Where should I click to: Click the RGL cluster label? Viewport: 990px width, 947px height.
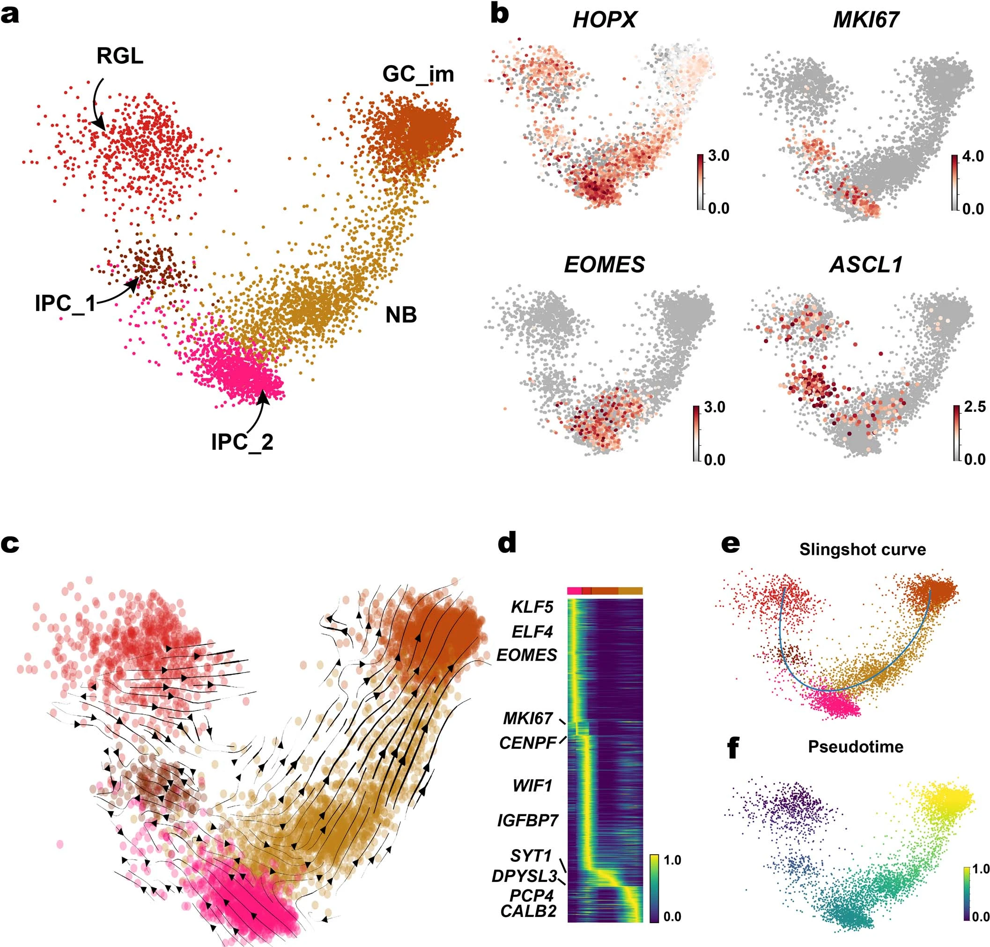coord(119,56)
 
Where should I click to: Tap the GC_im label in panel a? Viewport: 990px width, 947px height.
coord(418,75)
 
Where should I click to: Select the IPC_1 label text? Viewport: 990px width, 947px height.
coord(65,303)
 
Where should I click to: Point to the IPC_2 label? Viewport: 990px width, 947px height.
coord(242,442)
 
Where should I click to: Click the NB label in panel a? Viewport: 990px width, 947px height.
coord(401,315)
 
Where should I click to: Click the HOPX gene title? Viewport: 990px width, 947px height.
coord(604,20)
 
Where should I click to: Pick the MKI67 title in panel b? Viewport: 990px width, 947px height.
coord(866,20)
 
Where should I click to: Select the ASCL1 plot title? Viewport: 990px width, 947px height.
coord(866,265)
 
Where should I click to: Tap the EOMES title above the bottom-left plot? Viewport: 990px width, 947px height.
coord(604,265)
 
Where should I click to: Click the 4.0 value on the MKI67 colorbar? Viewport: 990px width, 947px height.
coord(972,157)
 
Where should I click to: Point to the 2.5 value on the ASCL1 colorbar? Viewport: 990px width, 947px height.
coord(975,407)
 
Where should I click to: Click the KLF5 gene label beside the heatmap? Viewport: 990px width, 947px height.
coord(532,607)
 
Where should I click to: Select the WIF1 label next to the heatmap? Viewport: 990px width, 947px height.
coord(532,786)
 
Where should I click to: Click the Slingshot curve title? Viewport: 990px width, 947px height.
coord(862,549)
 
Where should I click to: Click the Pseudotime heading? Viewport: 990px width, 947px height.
coord(855,746)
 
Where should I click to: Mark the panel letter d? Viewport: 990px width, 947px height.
coord(507,543)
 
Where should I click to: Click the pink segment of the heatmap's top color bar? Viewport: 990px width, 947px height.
coord(574,590)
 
